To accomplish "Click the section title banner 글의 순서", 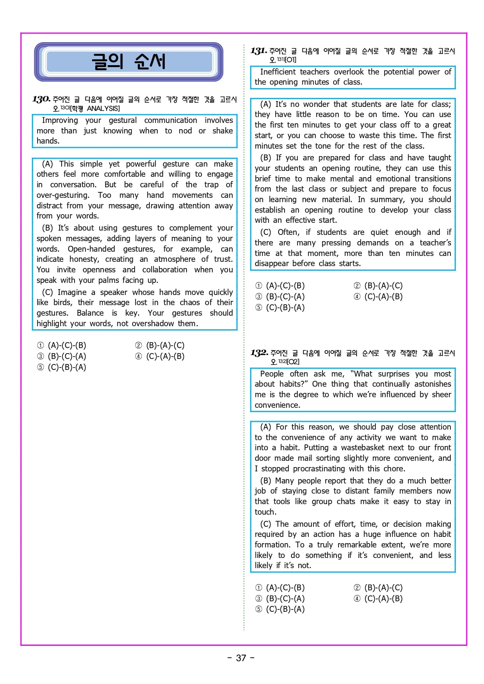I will pos(128,62).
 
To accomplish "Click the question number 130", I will pos(41,99).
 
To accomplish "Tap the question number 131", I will pos(258,51).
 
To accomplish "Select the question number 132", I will pos(259,353).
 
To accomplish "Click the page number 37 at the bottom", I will pos(241,658).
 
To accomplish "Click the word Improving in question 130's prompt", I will pos(60,120).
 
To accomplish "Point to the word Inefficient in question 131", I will pos(278,72).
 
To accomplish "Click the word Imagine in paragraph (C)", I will pos(72,292).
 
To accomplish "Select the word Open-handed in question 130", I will pos(91,249).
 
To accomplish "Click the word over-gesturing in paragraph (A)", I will pos(62,195).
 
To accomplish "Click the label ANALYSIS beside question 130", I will pos(103,108).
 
